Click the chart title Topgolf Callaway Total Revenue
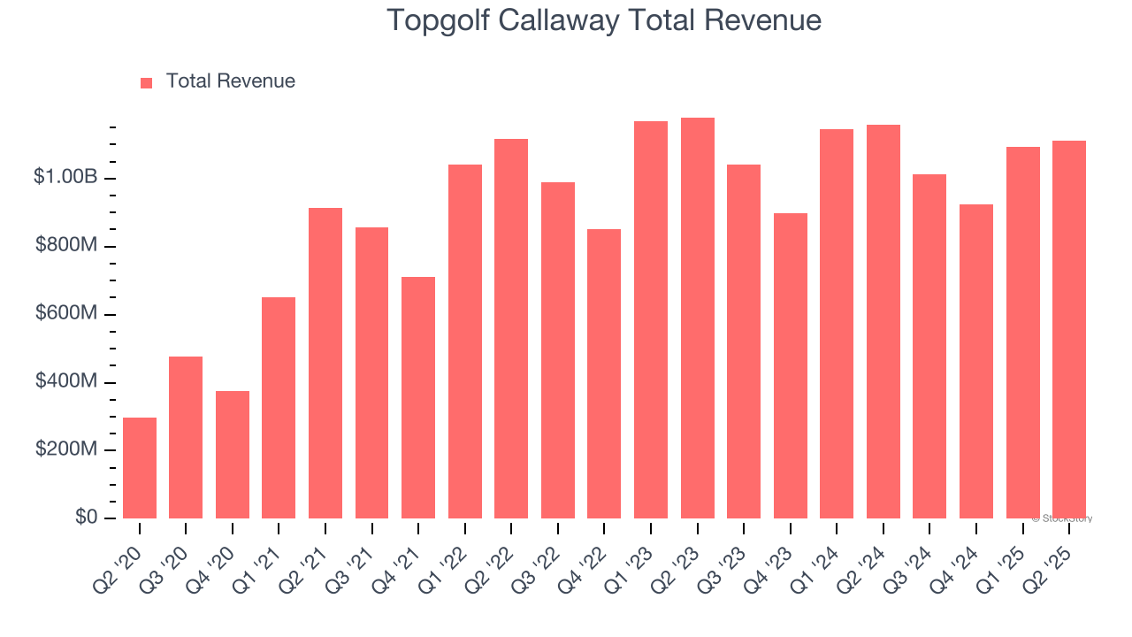pyautogui.click(x=604, y=20)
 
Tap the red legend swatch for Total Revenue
pyautogui.click(x=147, y=82)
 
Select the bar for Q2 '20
pyautogui.click(x=140, y=468)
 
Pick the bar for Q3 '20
pyautogui.click(x=186, y=437)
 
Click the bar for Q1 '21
pyautogui.click(x=279, y=408)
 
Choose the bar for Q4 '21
pyautogui.click(x=418, y=397)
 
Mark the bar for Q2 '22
pyautogui.click(x=511, y=328)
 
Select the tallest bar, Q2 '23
pyautogui.click(x=697, y=318)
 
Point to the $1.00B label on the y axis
pyautogui.click(x=65, y=177)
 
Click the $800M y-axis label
pyautogui.click(x=65, y=245)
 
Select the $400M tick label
pyautogui.click(x=65, y=381)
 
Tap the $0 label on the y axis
pyautogui.click(x=85, y=518)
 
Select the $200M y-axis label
pyautogui.click(x=65, y=449)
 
